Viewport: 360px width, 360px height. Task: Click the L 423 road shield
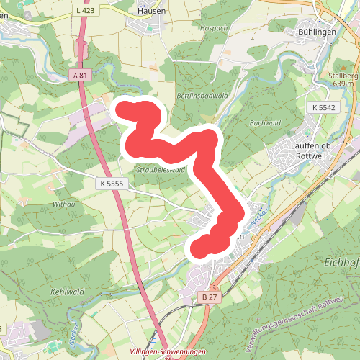click(x=84, y=11)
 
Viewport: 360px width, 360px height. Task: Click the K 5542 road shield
click(x=324, y=107)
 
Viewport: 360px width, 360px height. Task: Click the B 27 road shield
click(x=210, y=296)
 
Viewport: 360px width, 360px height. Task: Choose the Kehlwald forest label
click(x=68, y=292)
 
